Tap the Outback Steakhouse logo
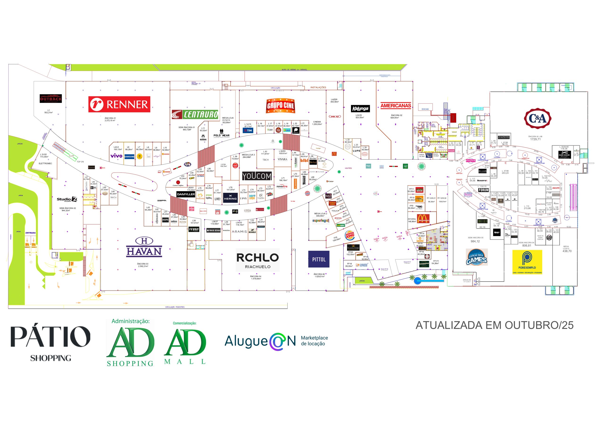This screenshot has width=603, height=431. pyautogui.click(x=51, y=99)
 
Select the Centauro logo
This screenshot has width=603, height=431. pyautogui.click(x=195, y=114)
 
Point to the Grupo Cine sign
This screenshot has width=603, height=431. pyautogui.click(x=280, y=106)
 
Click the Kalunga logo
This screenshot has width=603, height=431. pyautogui.click(x=360, y=109)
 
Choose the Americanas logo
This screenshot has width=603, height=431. pyautogui.click(x=395, y=106)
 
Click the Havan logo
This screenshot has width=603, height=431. pyautogui.click(x=144, y=247)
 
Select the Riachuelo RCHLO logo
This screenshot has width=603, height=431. pyautogui.click(x=258, y=260)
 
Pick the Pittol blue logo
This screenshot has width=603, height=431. pyautogui.click(x=319, y=259)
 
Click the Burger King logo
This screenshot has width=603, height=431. pyautogui.click(x=350, y=235)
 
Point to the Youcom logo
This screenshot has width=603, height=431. pyautogui.click(x=257, y=176)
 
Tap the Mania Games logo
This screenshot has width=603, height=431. pyautogui.click(x=477, y=257)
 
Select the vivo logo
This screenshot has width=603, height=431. pyautogui.click(x=116, y=156)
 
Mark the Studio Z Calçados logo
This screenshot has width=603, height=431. pyautogui.click(x=67, y=200)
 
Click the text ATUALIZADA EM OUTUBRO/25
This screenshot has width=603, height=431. pyautogui.click(x=494, y=325)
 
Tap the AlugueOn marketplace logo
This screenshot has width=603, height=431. pyautogui.click(x=276, y=341)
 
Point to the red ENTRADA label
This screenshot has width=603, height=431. pyautogui.click(x=31, y=233)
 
